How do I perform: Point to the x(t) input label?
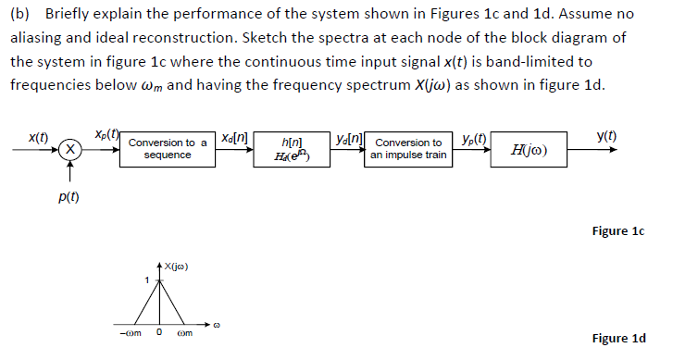click(x=38, y=136)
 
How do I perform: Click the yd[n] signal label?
click(x=349, y=137)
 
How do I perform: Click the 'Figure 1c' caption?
click(x=617, y=230)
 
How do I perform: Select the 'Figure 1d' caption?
click(x=617, y=338)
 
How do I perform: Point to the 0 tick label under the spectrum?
click(x=158, y=333)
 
